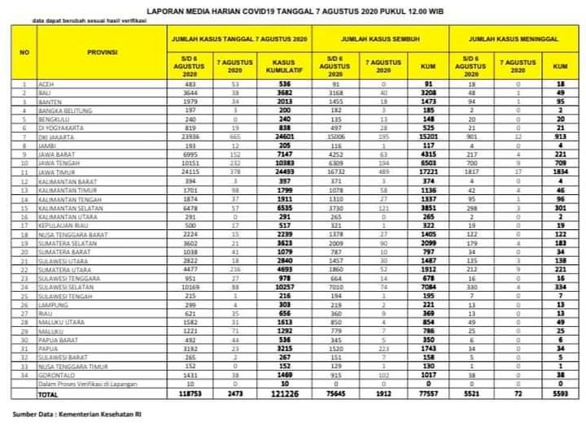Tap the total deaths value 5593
tap(559, 393)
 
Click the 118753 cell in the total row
tap(189, 393)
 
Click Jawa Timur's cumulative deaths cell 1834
tap(559, 173)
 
